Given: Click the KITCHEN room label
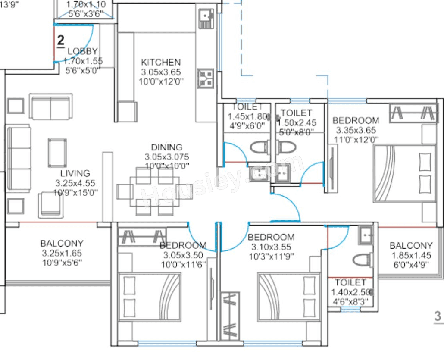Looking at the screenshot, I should (x=160, y=62).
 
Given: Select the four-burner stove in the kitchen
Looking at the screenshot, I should (x=206, y=78).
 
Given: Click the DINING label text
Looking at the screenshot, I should (x=166, y=147).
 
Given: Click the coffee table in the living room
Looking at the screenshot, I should (x=58, y=152).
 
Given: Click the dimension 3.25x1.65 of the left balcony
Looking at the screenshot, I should (x=62, y=254).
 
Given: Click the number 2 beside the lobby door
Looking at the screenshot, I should (x=61, y=41).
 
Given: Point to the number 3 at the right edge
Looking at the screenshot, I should (x=438, y=316).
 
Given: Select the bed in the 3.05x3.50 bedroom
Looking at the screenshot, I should (x=149, y=297).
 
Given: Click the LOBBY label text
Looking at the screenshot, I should (x=83, y=51).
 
